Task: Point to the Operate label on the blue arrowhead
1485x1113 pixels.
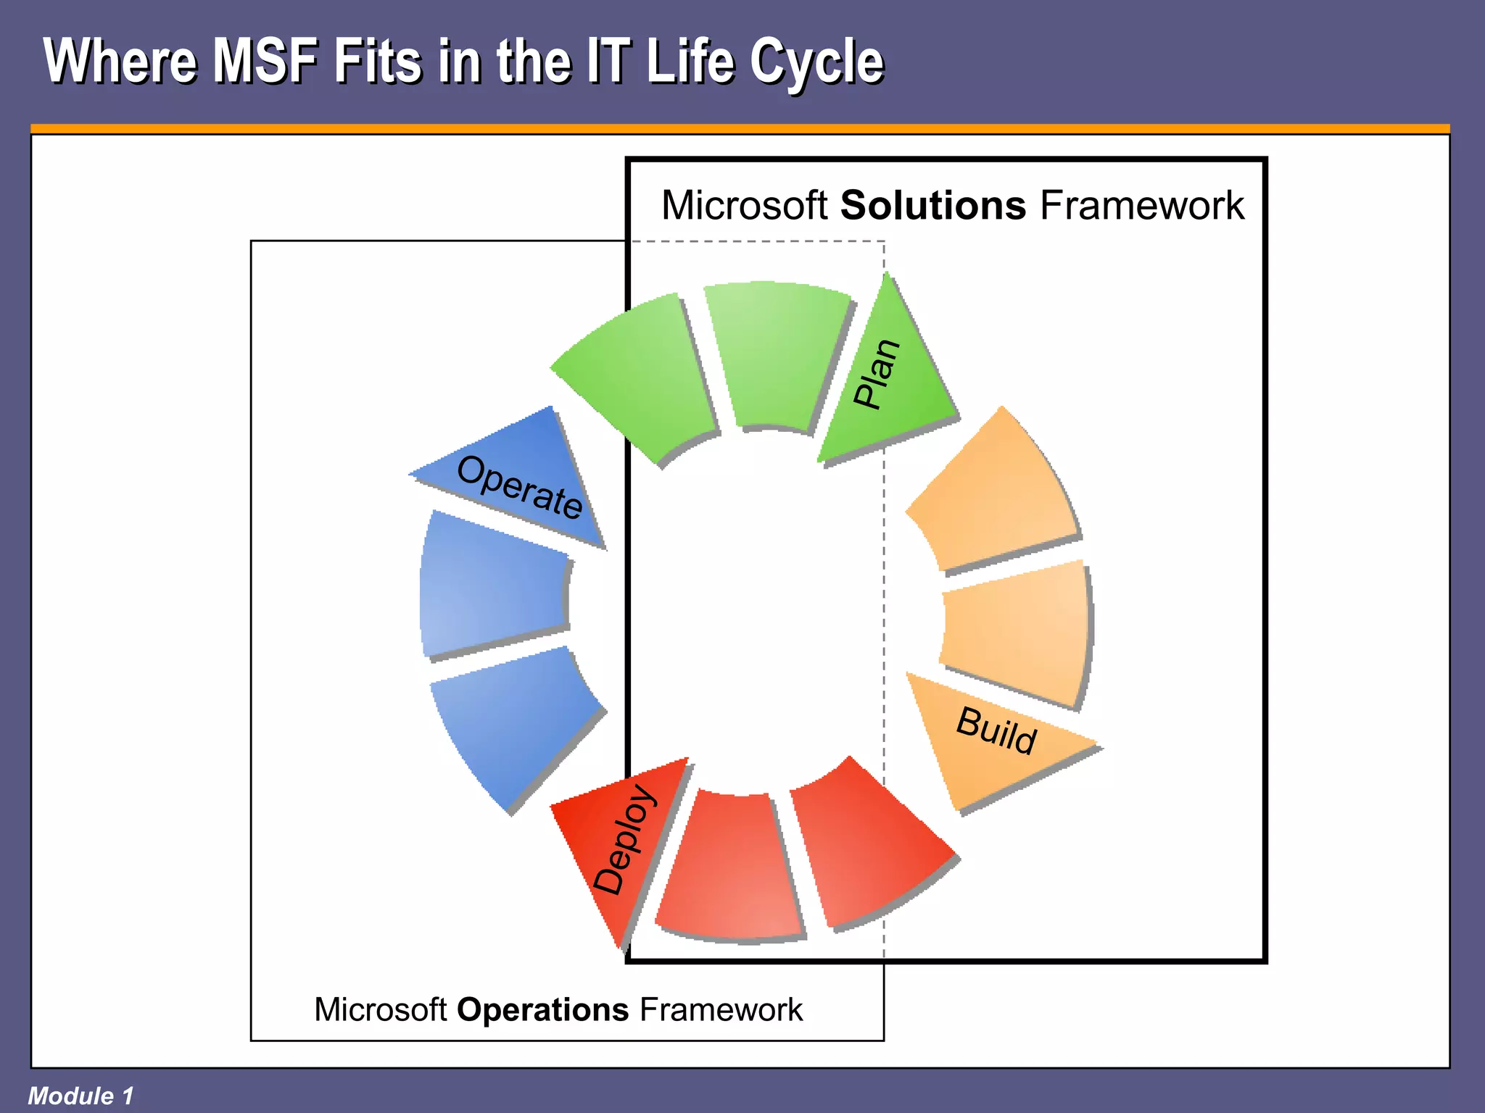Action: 519,487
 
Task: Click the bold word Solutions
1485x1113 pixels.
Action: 932,206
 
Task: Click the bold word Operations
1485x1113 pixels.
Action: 542,1010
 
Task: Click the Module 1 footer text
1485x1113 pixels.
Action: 80,1096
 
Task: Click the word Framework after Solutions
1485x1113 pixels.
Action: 1142,206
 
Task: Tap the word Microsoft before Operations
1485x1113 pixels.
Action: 380,1010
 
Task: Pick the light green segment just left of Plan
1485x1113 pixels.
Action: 776,355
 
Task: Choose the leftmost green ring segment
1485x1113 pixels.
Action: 634,377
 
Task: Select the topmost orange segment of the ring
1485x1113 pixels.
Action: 997,493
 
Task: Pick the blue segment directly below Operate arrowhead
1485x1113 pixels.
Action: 493,583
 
